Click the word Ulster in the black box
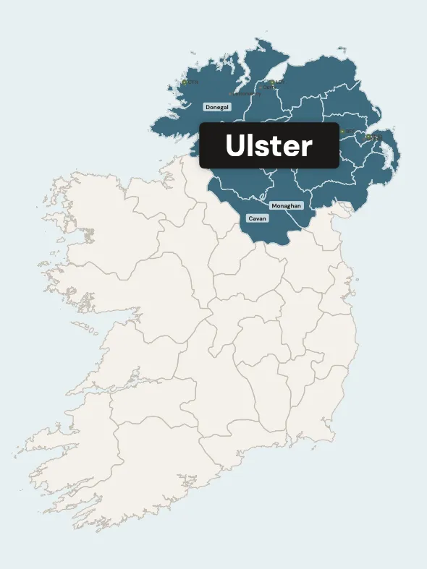pyautogui.click(x=269, y=146)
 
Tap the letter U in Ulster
pyautogui.click(x=234, y=146)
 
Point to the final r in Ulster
pyautogui.click(x=307, y=148)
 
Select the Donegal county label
pyautogui.click(x=216, y=107)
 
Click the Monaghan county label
pyautogui.click(x=286, y=206)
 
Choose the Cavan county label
pyautogui.click(x=257, y=218)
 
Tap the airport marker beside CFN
pyautogui.click(x=185, y=82)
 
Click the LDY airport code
pyautogui.click(x=279, y=82)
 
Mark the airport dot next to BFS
pyautogui.click(x=342, y=131)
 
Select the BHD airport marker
pyautogui.click(x=368, y=136)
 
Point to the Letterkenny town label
pyautogui.click(x=246, y=93)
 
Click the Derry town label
pyautogui.click(x=269, y=87)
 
